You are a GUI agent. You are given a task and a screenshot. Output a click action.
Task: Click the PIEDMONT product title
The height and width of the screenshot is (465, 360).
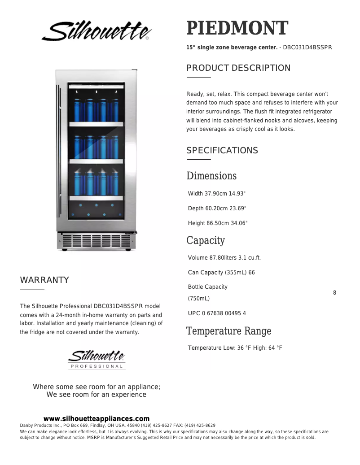[237, 29]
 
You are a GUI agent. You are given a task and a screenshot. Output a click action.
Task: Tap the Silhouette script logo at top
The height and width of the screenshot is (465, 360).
[97, 31]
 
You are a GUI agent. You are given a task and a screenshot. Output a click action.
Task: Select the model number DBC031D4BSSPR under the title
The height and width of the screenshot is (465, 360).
[307, 47]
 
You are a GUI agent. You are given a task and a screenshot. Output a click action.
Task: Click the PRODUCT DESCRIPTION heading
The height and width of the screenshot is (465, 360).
[238, 68]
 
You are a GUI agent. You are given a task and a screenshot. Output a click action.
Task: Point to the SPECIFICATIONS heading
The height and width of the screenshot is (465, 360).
[222, 151]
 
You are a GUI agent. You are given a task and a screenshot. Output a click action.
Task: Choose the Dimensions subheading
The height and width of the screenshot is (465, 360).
[211, 176]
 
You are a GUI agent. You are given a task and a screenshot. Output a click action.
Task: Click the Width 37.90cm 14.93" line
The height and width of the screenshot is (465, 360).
[217, 194]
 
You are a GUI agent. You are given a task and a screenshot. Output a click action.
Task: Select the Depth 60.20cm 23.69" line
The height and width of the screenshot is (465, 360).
[217, 209]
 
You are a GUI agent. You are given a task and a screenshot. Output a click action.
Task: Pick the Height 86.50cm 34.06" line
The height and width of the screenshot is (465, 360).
[218, 223]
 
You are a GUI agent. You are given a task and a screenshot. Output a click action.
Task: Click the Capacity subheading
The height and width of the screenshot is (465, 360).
[206, 240]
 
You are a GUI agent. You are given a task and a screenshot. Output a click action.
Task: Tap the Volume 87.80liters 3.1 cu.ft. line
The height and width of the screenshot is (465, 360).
[224, 258]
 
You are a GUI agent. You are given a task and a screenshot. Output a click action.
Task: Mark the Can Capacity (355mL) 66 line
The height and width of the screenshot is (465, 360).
[221, 273]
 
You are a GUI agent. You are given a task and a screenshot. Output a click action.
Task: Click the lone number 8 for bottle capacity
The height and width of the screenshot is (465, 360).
[334, 293]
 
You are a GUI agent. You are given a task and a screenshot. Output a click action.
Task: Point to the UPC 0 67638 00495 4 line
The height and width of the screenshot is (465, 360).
[217, 313]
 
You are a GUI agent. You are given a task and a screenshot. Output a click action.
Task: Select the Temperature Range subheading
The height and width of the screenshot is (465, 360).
[228, 331]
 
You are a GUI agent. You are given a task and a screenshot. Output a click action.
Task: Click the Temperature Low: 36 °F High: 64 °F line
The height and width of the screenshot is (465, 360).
[235, 348]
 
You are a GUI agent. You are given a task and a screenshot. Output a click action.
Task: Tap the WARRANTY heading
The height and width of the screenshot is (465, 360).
[44, 280]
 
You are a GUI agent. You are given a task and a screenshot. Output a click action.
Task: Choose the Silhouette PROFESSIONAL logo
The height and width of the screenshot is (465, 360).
[97, 359]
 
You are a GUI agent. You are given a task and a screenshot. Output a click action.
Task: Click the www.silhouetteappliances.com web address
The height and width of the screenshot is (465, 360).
[97, 419]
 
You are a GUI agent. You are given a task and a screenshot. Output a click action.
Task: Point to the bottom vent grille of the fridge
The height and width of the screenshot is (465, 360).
[96, 240]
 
